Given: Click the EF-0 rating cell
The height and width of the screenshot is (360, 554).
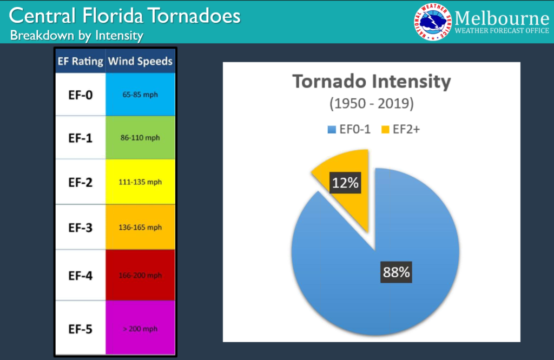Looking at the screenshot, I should pos(80,95).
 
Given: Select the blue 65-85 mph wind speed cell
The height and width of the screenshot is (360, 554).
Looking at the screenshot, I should pos(140,95).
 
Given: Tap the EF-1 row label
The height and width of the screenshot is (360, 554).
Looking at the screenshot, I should pos(80,138).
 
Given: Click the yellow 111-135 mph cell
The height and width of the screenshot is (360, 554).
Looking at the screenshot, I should pos(140,182).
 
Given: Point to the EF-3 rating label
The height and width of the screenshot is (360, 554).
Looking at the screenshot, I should pos(80,228).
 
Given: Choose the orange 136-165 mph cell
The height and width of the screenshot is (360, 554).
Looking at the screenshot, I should pos(140,228).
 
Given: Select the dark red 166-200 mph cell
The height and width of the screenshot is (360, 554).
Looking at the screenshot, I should pos(140,275).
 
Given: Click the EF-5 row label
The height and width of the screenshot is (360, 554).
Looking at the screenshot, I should pos(80,328).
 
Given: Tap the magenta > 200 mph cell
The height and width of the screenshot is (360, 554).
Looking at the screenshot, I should pos(140,328).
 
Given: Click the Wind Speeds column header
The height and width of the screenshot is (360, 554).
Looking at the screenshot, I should pos(140,61).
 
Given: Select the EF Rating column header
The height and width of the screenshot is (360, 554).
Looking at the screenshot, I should pos(80,61).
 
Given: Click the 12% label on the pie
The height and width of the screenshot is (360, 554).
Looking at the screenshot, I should pos(345,183).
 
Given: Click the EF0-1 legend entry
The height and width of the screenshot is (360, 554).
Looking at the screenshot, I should pos(349,129).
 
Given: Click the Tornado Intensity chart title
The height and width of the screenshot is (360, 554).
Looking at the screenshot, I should pos(371,82).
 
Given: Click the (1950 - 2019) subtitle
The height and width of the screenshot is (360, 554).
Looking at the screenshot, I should pos(371,103).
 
